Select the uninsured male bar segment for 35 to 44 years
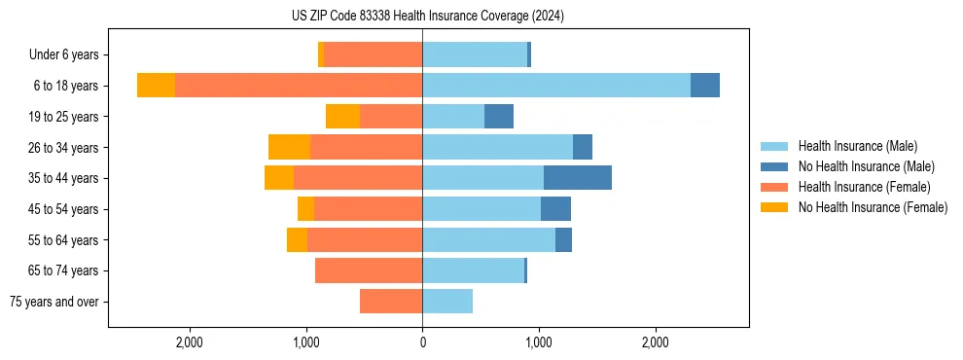tap(577, 178)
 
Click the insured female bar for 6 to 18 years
tap(298, 86)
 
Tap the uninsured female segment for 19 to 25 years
tap(342, 117)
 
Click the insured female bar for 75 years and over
tap(391, 302)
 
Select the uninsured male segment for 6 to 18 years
tap(704, 86)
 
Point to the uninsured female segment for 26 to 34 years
tap(289, 148)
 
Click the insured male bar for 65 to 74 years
tap(473, 270)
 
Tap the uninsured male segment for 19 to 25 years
tap(499, 117)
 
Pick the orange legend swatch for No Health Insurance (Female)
tap(774, 207)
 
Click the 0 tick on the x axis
tap(422, 342)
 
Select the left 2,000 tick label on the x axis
tap(189, 342)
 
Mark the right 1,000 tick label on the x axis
tap(539, 342)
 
